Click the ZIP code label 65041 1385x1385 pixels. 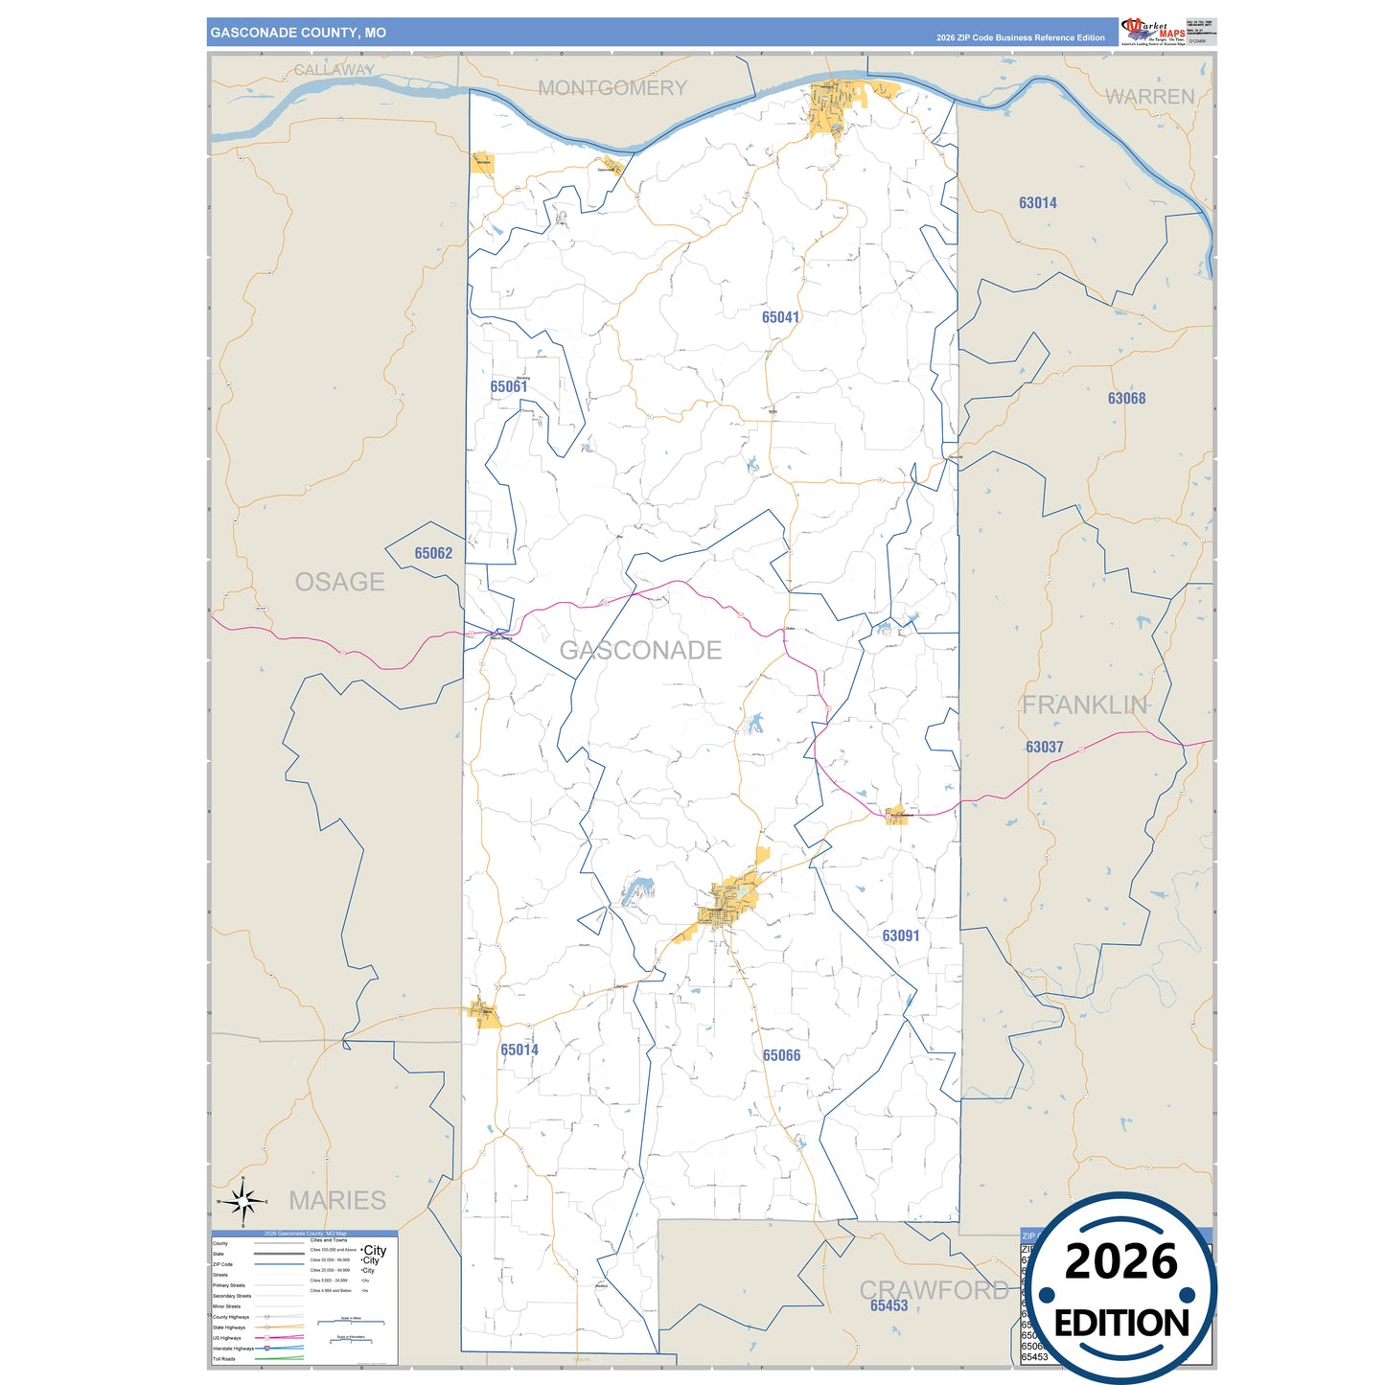[x=780, y=317]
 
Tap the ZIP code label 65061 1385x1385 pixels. [x=508, y=387]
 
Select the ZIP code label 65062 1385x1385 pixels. [x=433, y=553]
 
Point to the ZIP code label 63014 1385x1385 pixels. [x=1037, y=203]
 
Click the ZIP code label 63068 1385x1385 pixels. [x=1126, y=399]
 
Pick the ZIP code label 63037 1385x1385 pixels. [x=1044, y=747]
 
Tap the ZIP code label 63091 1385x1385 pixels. [x=900, y=935]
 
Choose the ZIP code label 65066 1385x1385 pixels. [x=781, y=1055]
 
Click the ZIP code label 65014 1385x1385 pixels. [x=519, y=1050]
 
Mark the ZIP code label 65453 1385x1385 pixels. [x=889, y=1305]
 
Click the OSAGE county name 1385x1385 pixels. [x=339, y=582]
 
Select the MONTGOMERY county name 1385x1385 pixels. [x=612, y=88]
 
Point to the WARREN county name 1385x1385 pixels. [x=1149, y=97]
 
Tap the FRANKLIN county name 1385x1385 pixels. [x=1084, y=705]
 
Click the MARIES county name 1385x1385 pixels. [x=337, y=1200]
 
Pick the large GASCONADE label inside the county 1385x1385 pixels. [x=640, y=650]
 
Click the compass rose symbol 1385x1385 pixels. [x=243, y=1200]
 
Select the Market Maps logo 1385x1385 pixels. [x=1153, y=31]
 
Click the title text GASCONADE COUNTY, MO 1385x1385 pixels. [x=298, y=33]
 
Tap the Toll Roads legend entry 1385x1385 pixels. [x=225, y=1359]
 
